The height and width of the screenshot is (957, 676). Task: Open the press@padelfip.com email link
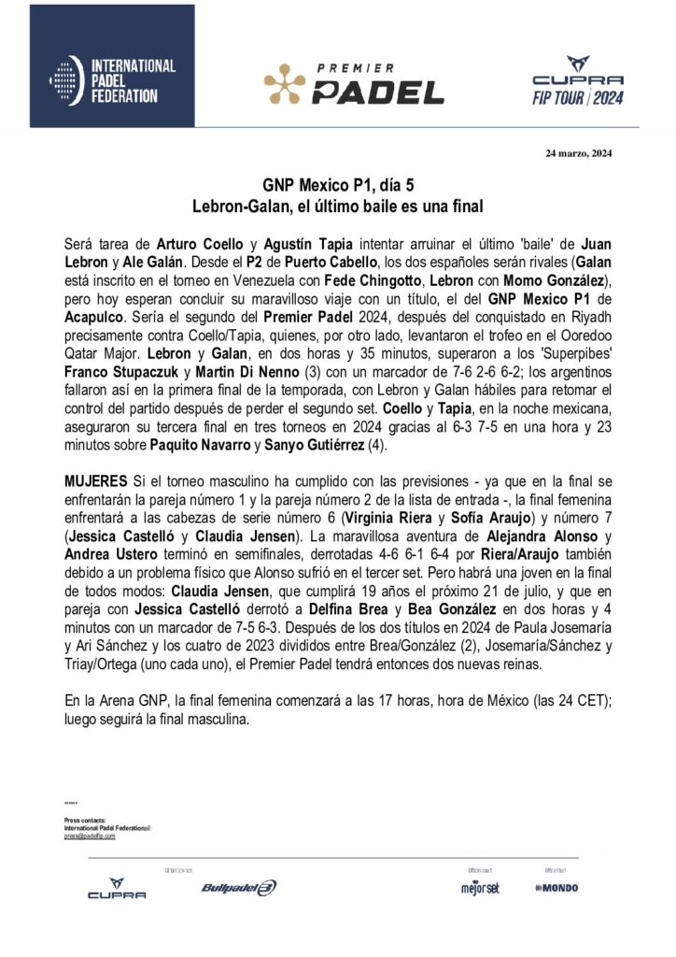(90, 836)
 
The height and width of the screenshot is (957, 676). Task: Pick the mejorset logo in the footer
(475, 887)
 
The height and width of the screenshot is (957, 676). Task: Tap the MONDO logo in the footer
(556, 887)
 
